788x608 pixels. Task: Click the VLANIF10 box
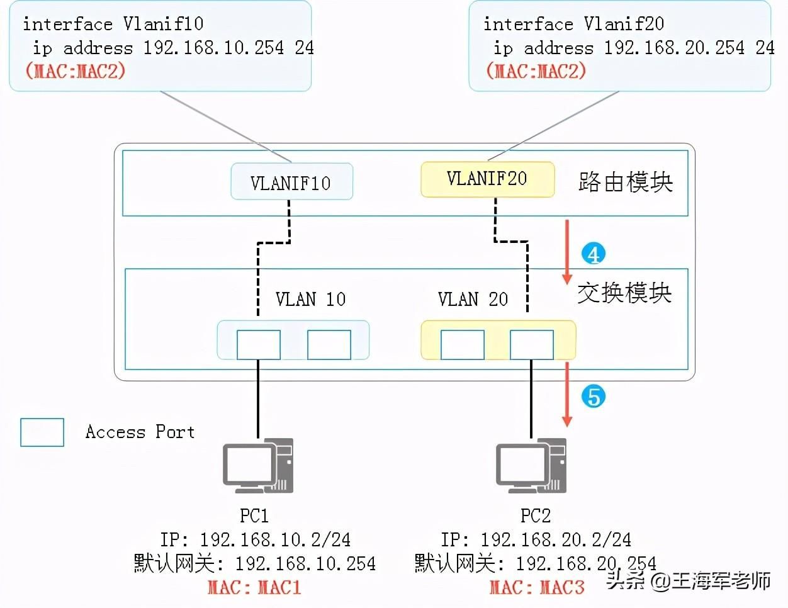click(x=292, y=181)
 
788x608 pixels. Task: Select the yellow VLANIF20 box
click(x=487, y=179)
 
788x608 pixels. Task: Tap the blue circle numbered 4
click(x=594, y=254)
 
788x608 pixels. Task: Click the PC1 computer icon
click(x=258, y=466)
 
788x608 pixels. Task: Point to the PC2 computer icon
click(x=531, y=466)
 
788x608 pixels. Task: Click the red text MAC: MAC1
click(x=254, y=587)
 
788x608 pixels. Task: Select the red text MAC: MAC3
click(x=537, y=587)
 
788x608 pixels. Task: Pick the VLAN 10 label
click(x=310, y=299)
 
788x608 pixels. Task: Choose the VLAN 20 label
click(x=473, y=299)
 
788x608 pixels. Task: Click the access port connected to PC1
click(x=259, y=344)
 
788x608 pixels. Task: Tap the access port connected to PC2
click(x=532, y=344)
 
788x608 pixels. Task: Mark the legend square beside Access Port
click(x=42, y=432)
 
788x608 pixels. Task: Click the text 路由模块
click(x=626, y=182)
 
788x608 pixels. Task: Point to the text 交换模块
click(x=624, y=293)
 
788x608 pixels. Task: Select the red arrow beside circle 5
click(x=567, y=395)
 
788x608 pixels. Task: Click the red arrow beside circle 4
click(x=567, y=252)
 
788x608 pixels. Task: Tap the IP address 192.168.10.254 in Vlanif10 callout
click(x=213, y=48)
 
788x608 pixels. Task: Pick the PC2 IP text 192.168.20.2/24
click(x=556, y=539)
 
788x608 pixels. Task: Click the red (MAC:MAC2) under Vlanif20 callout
click(x=536, y=70)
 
